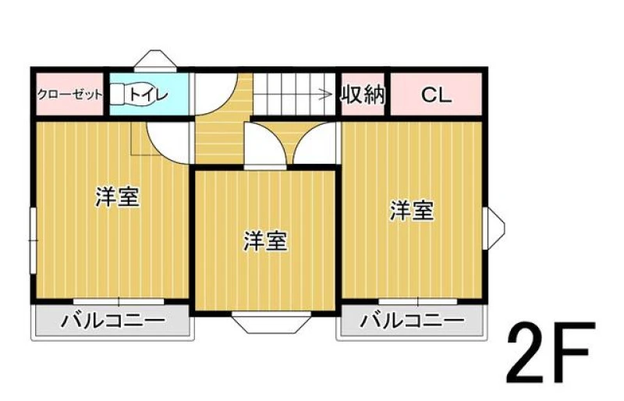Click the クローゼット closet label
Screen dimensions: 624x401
point(70,95)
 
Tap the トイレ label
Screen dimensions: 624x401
point(149,94)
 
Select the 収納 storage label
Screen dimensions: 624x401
point(363,94)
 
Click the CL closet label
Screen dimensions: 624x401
point(436,95)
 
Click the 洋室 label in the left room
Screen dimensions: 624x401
point(118,197)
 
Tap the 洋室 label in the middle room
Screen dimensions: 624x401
point(265,241)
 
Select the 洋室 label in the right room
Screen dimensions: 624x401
point(412,211)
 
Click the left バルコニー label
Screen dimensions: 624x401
point(112,321)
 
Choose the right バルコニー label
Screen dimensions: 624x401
point(413,321)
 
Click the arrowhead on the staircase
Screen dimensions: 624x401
point(328,94)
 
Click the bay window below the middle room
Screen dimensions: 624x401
point(271,321)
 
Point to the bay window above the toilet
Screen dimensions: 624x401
point(154,61)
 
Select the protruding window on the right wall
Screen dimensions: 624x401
point(494,228)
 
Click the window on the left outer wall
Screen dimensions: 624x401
point(34,240)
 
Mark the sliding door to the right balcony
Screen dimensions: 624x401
point(418,301)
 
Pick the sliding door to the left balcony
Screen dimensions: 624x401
point(119,301)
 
